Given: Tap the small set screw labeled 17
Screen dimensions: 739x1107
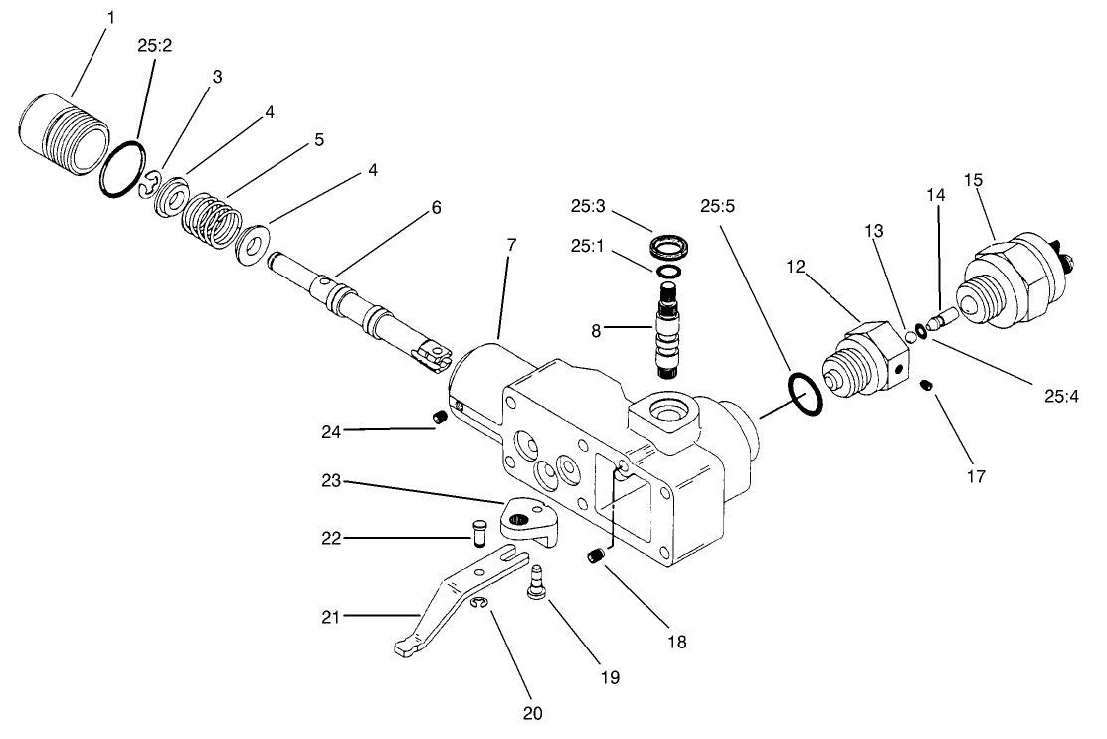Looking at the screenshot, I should pyautogui.click(x=926, y=385).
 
